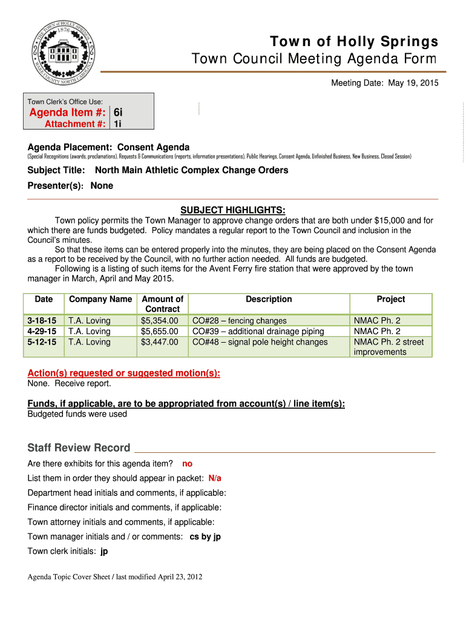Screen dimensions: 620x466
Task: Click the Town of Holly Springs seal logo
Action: (x=64, y=53)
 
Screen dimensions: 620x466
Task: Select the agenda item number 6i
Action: (x=118, y=112)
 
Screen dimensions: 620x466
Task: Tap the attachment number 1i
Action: (x=117, y=124)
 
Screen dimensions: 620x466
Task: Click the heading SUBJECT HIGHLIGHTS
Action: (x=232, y=209)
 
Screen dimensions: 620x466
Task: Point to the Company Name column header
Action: (x=100, y=299)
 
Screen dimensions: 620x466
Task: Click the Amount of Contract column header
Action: (x=162, y=304)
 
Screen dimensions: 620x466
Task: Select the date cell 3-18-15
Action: (x=42, y=321)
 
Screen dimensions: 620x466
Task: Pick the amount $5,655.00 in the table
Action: (x=160, y=331)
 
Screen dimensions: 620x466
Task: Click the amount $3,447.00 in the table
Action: (x=160, y=342)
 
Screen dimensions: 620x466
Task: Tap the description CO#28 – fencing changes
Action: (x=239, y=321)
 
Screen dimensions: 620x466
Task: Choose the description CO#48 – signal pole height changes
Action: (x=260, y=342)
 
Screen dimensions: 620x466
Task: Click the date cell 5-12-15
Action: (x=42, y=342)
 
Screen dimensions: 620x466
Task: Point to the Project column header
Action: (x=391, y=299)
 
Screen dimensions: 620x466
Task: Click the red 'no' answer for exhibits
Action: (x=187, y=464)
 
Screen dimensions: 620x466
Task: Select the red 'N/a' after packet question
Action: (x=215, y=478)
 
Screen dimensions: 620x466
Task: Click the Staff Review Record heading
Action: (x=79, y=448)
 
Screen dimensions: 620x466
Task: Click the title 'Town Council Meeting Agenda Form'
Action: (x=313, y=59)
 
